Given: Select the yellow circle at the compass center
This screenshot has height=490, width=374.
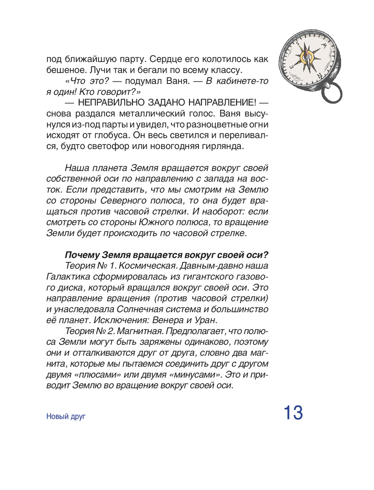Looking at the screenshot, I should pos(307,57).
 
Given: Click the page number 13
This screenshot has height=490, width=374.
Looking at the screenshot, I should pos(293,413).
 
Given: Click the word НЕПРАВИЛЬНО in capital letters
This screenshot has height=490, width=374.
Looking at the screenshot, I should pos(110,103).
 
